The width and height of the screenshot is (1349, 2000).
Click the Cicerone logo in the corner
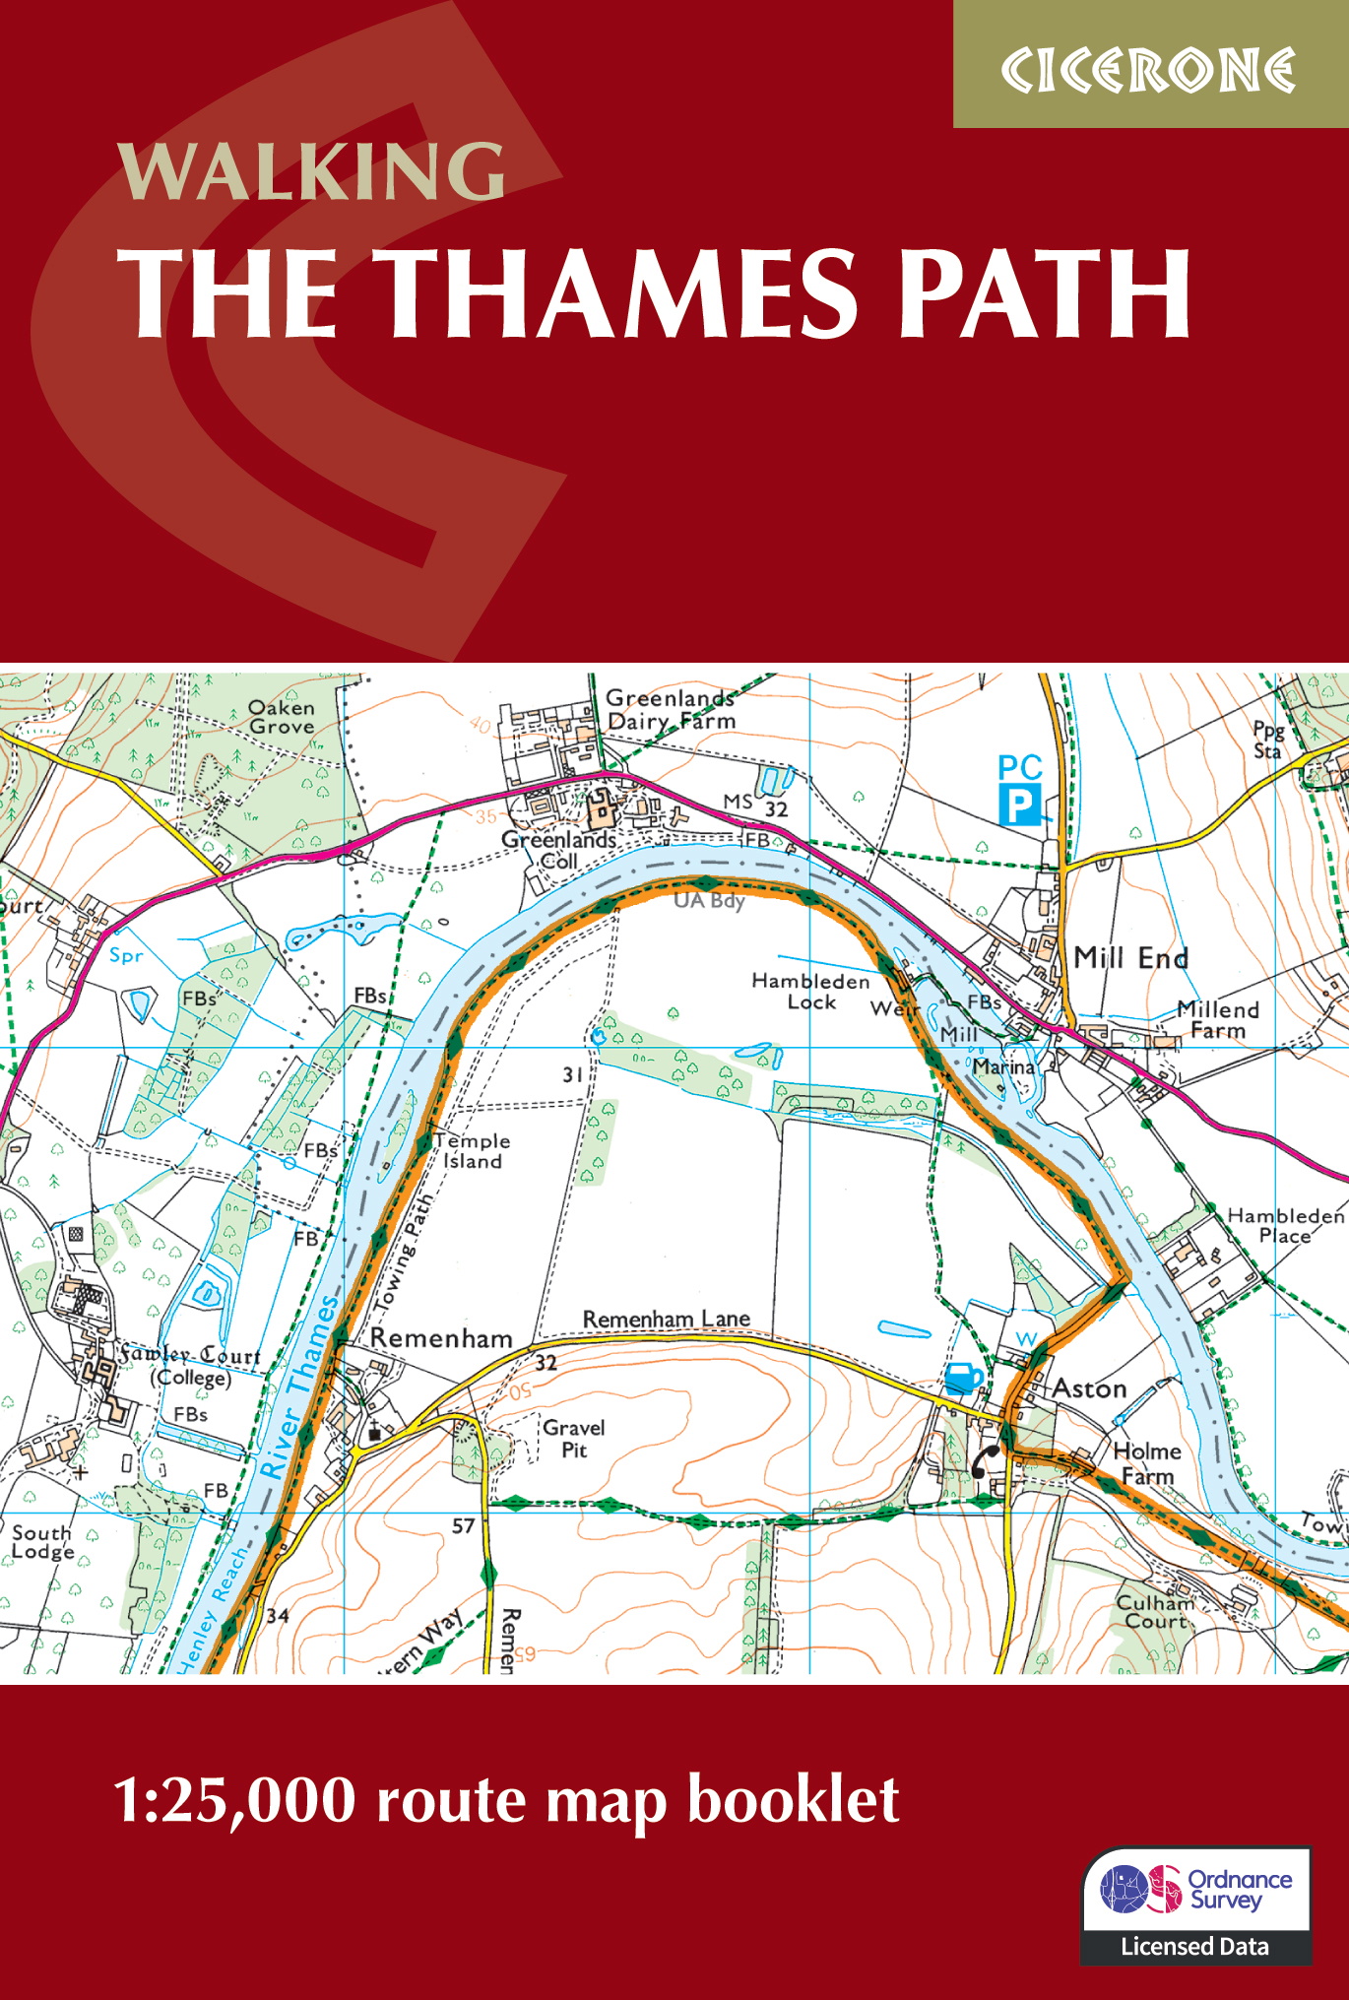tap(1148, 70)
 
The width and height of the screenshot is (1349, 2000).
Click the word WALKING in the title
tap(311, 171)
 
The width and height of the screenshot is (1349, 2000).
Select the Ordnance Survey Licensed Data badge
tap(1195, 1904)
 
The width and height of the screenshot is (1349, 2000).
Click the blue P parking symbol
tap(1019, 806)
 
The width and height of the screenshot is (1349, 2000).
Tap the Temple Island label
tap(472, 1151)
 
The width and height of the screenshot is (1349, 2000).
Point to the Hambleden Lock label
tap(809, 991)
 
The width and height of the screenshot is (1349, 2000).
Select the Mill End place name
tap(1130, 958)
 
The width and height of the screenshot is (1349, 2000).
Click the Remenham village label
tap(441, 1338)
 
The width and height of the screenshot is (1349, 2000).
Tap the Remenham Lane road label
tap(666, 1319)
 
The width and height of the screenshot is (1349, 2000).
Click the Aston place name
tap(1089, 1388)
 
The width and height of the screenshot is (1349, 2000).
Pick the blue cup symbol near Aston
tap(963, 1377)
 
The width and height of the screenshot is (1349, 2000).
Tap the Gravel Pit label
tap(573, 1438)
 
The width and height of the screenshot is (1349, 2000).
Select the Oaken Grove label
tap(282, 717)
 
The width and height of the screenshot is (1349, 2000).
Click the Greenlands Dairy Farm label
tap(671, 709)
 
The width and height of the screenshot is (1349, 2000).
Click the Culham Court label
tap(1155, 1611)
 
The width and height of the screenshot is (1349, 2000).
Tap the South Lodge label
tap(42, 1541)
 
